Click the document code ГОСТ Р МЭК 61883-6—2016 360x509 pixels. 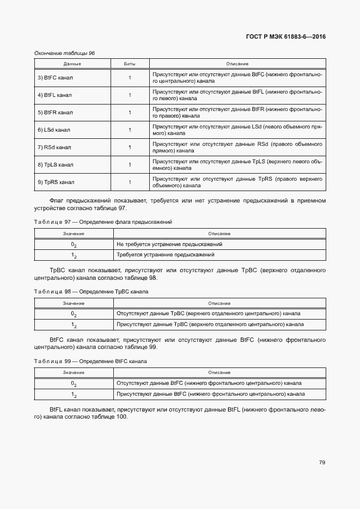pyautogui.click(x=285, y=37)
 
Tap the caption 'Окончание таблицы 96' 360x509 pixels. pyautogui.click(x=64, y=53)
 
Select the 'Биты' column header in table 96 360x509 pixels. pyautogui.click(x=130, y=64)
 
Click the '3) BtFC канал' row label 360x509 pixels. pyautogui.click(x=55, y=78)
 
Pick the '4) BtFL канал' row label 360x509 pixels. pyautogui.click(x=54, y=95)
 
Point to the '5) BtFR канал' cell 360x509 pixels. pyautogui.click(x=55, y=113)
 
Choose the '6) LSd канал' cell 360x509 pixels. pyautogui.click(x=53, y=130)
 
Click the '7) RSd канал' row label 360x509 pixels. pyautogui.click(x=54, y=148)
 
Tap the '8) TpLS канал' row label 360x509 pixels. pyautogui.click(x=55, y=165)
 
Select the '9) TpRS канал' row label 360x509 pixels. pyautogui.click(x=56, y=182)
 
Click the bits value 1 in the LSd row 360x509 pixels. pyautogui.click(x=130, y=130)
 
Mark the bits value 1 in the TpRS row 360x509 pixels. pyautogui.click(x=130, y=182)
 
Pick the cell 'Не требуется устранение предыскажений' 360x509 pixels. pyautogui.click(x=169, y=244)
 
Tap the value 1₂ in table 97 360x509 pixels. pyautogui.click(x=74, y=255)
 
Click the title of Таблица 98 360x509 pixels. pyautogui.click(x=91, y=292)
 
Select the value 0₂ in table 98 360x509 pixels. pyautogui.click(x=74, y=314)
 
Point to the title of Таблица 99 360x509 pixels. pyautogui.click(x=90, y=361)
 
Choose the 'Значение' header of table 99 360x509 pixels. pyautogui.click(x=74, y=372)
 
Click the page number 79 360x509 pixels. pyautogui.click(x=322, y=463)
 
